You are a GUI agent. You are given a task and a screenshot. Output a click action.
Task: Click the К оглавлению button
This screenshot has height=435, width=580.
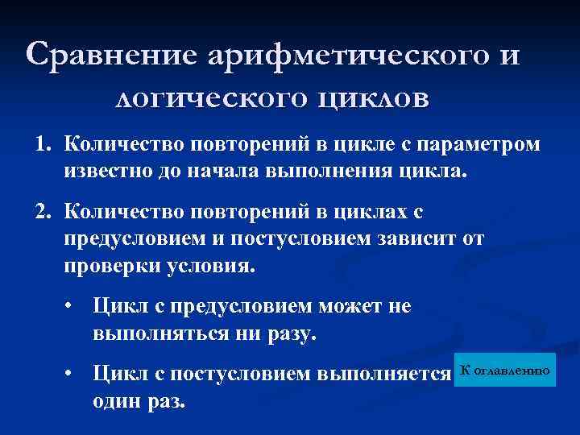505,370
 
